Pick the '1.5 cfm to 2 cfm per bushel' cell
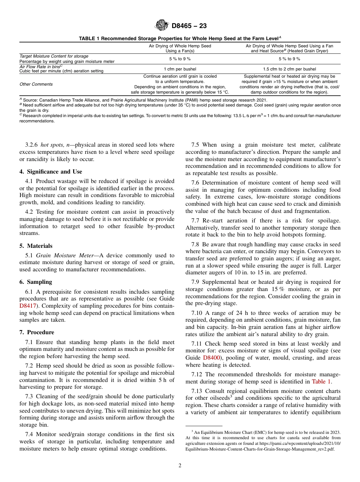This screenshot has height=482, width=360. click(x=289, y=69)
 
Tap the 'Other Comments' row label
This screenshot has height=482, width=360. click(x=36, y=84)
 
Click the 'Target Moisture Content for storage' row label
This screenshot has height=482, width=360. click(x=54, y=56)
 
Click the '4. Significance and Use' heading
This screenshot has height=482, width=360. click(x=51, y=172)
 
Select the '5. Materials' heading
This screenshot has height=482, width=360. click(x=36, y=246)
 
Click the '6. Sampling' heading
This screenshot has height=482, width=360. click(x=36, y=282)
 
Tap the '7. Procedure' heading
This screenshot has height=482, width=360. click(x=37, y=332)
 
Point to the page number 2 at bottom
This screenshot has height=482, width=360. click(x=180, y=466)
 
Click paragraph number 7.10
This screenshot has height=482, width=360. click(x=197, y=313)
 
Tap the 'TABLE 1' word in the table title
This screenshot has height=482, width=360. click(x=89, y=38)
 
